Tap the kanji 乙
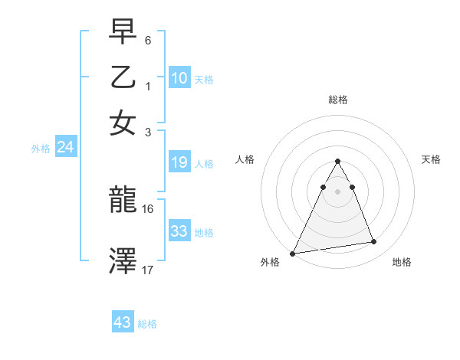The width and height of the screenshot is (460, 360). pos(123,78)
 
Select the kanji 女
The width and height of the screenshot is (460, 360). pos(123,122)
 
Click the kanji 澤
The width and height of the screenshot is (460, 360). pos(123,261)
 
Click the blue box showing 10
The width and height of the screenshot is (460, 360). pos(179,78)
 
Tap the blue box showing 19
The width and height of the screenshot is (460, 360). pos(179,162)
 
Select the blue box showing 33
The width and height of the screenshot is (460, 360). pos(179,231)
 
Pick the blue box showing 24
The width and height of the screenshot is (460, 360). pos(65,147)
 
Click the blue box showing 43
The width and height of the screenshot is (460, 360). pos(123,322)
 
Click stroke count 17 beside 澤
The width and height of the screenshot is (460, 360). pos(148,270)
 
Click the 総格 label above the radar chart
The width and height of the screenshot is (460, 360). pos(337,100)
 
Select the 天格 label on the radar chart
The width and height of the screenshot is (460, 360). pos(431,159)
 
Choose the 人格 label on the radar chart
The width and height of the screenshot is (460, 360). pos(245,159)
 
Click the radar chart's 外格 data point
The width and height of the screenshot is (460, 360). pos(293,253)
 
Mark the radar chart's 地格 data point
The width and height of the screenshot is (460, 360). pos(374,242)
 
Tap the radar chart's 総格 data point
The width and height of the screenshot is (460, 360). pos(337,162)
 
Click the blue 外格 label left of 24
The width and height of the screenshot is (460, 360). pos(40,149)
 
